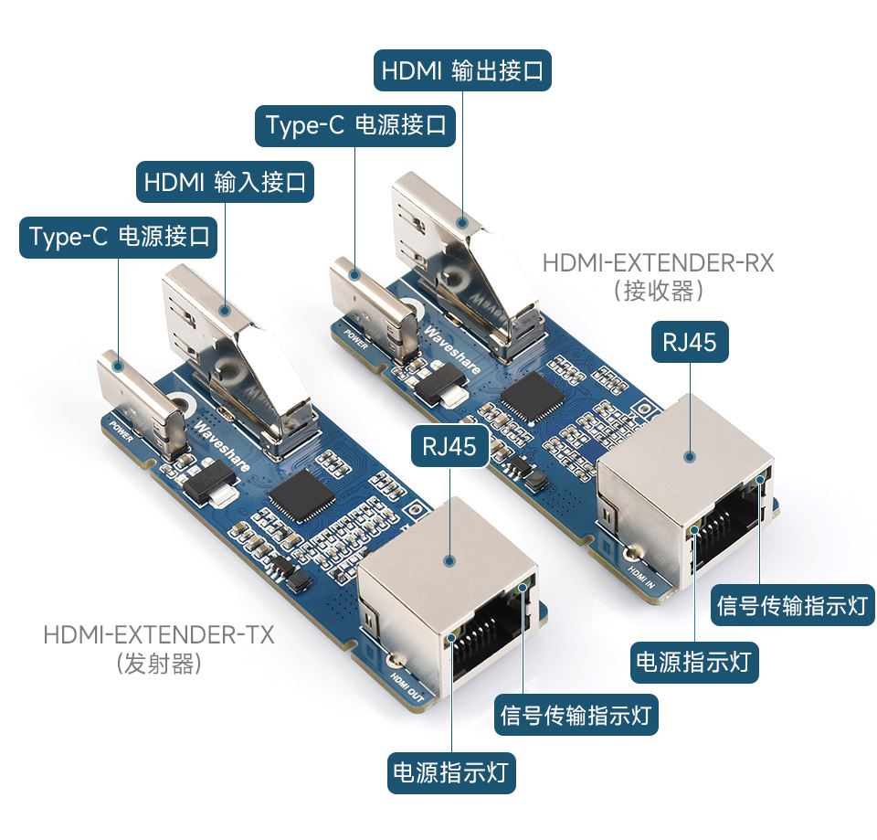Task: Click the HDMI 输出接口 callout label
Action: [462, 70]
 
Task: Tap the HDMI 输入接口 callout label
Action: [225, 182]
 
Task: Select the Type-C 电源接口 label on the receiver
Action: [354, 124]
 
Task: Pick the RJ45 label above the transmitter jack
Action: [449, 445]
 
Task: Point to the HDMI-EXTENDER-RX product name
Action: [658, 263]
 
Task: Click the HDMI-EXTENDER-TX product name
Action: [159, 634]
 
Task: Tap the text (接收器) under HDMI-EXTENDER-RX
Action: [659, 292]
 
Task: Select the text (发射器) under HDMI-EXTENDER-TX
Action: [159, 664]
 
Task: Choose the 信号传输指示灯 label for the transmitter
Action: [576, 715]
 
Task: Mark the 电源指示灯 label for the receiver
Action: [694, 661]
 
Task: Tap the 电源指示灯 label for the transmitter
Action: [451, 772]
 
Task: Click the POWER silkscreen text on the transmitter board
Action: [121, 431]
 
